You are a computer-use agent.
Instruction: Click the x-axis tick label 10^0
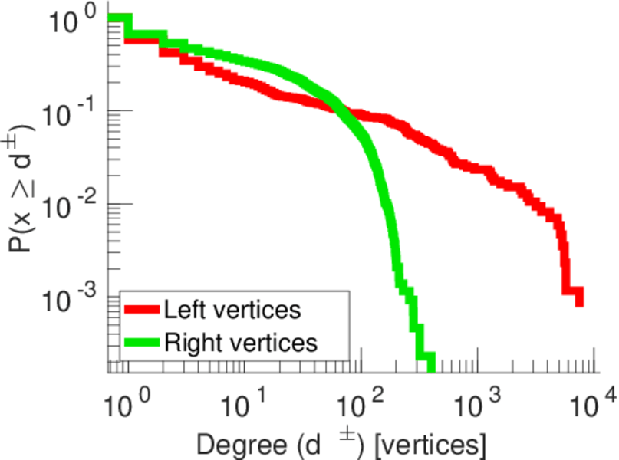(x=121, y=403)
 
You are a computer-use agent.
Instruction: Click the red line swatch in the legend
(x=142, y=310)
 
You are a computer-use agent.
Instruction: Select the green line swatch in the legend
(x=142, y=342)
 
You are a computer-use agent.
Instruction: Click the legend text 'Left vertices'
(x=232, y=310)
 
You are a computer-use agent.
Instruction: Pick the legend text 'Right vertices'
(x=240, y=342)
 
